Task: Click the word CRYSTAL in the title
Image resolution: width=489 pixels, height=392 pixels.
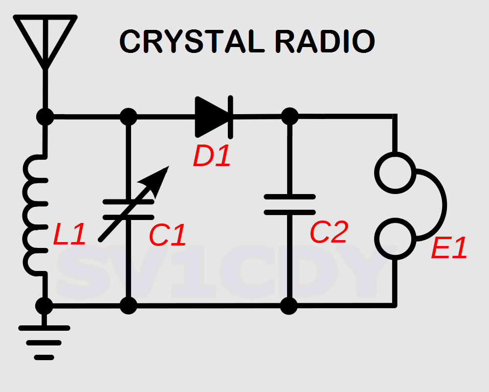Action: (188, 42)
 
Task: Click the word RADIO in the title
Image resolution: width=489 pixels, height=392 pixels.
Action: (324, 42)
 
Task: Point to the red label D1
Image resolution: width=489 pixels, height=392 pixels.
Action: (211, 157)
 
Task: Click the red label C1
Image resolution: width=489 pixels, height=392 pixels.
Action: (168, 236)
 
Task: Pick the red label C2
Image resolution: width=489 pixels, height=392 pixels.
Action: (329, 232)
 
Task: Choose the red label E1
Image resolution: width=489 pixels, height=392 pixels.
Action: (449, 249)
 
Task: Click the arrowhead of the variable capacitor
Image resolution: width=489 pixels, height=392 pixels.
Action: (160, 177)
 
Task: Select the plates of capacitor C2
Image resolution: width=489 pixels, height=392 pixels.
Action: (289, 204)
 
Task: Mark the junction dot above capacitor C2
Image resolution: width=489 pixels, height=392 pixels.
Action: (289, 117)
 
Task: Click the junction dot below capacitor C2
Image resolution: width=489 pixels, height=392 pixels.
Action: (289, 306)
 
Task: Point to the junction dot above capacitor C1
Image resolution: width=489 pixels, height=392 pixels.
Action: (129, 117)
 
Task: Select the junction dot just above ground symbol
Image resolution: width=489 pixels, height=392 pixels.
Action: (44, 306)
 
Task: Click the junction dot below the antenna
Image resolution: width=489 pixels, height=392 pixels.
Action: (45, 117)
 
